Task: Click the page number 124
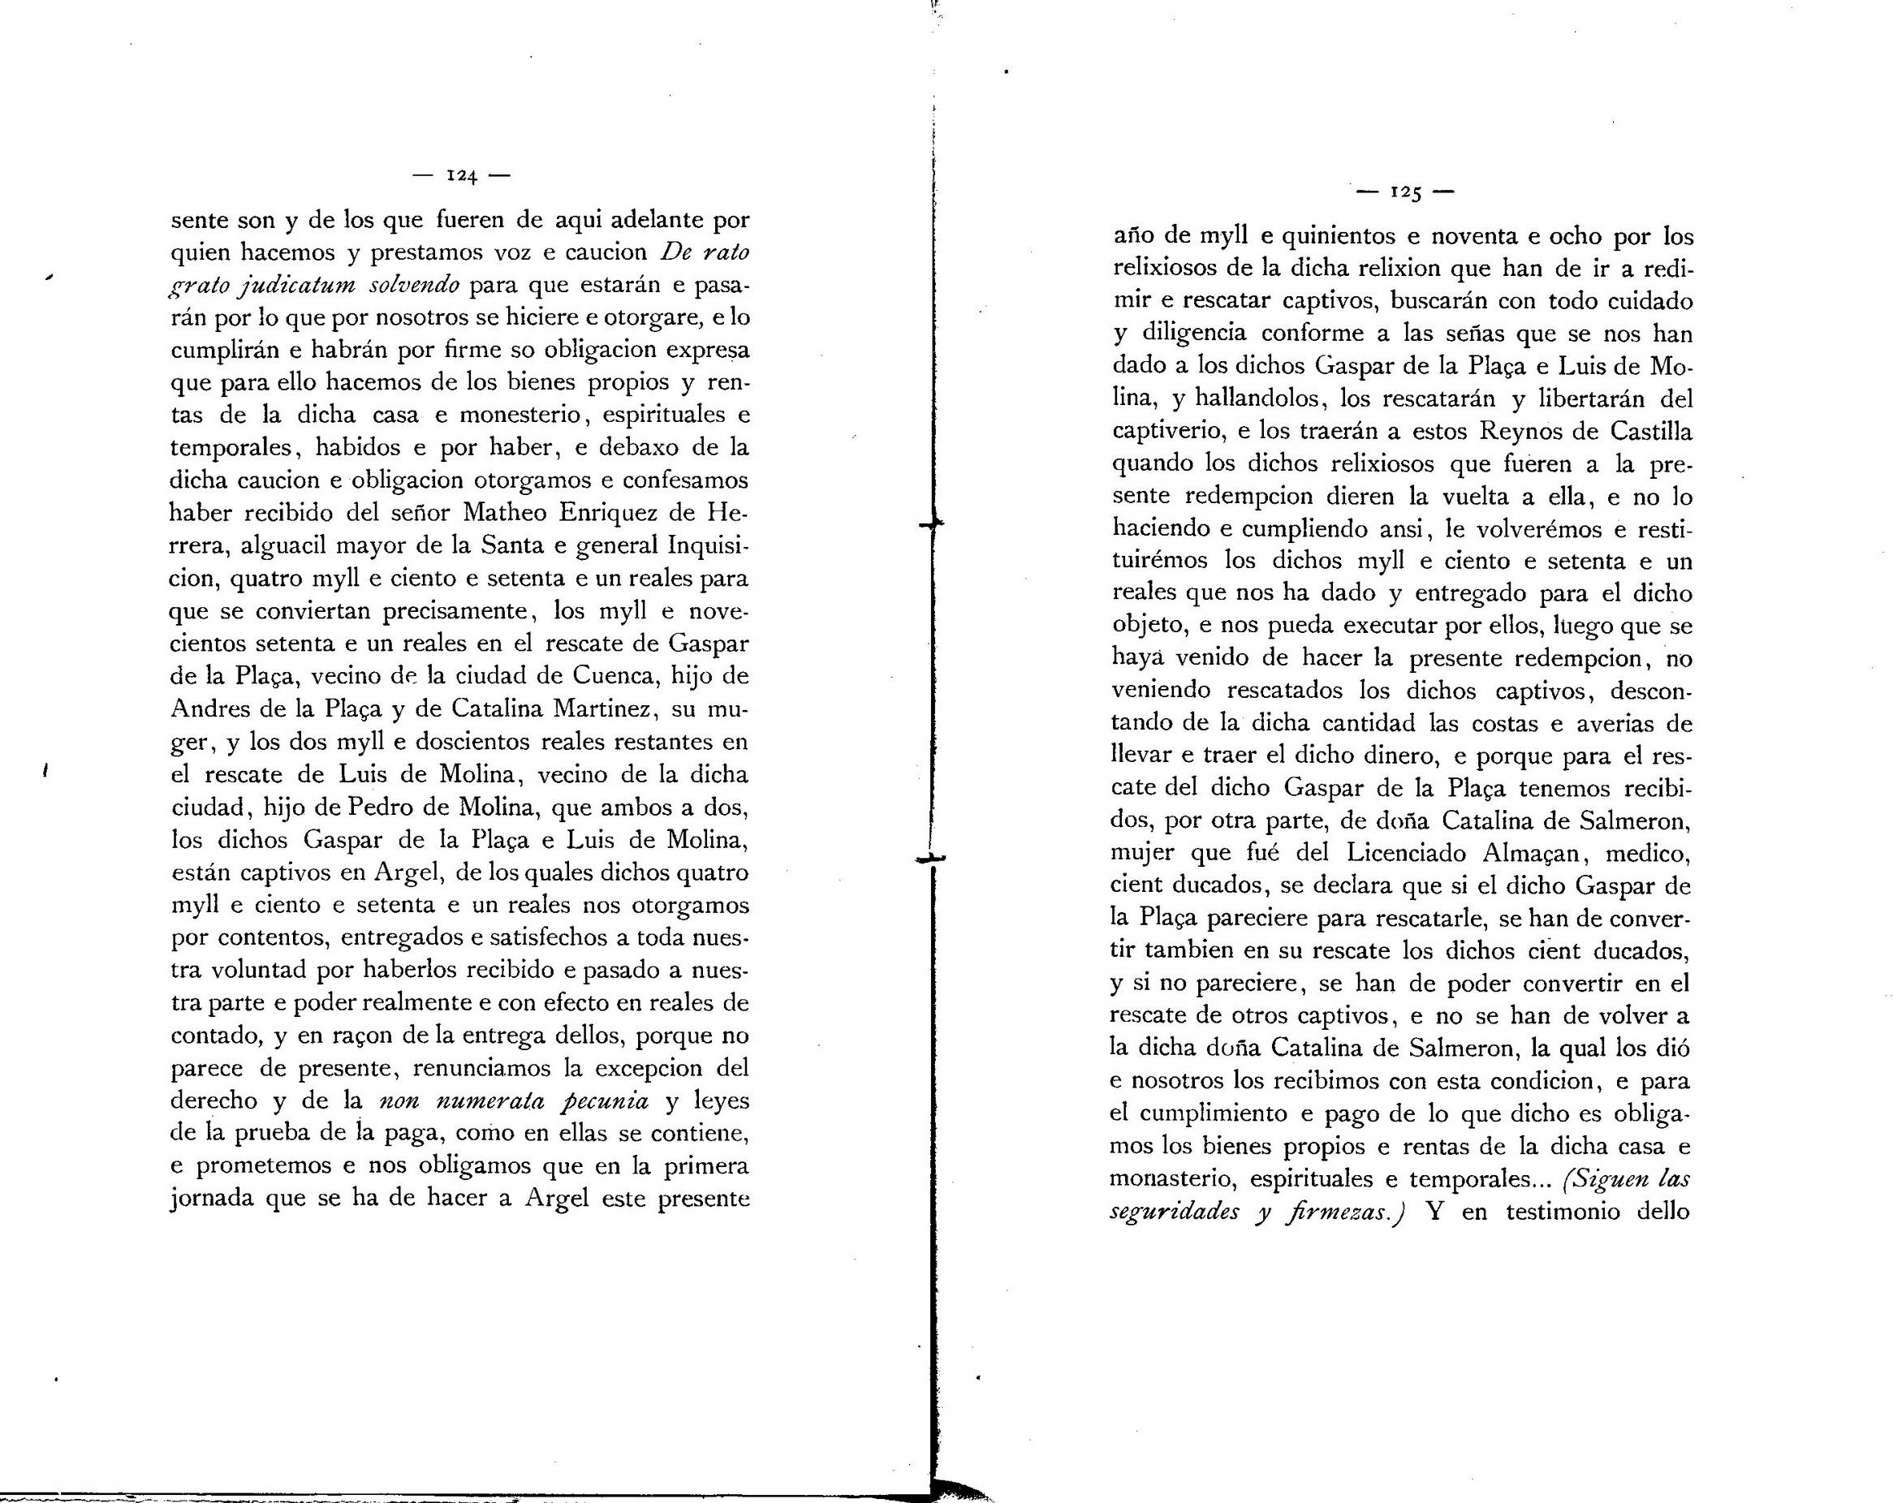pos(461,175)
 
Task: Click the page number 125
pos(1405,192)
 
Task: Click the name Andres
pos(209,708)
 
